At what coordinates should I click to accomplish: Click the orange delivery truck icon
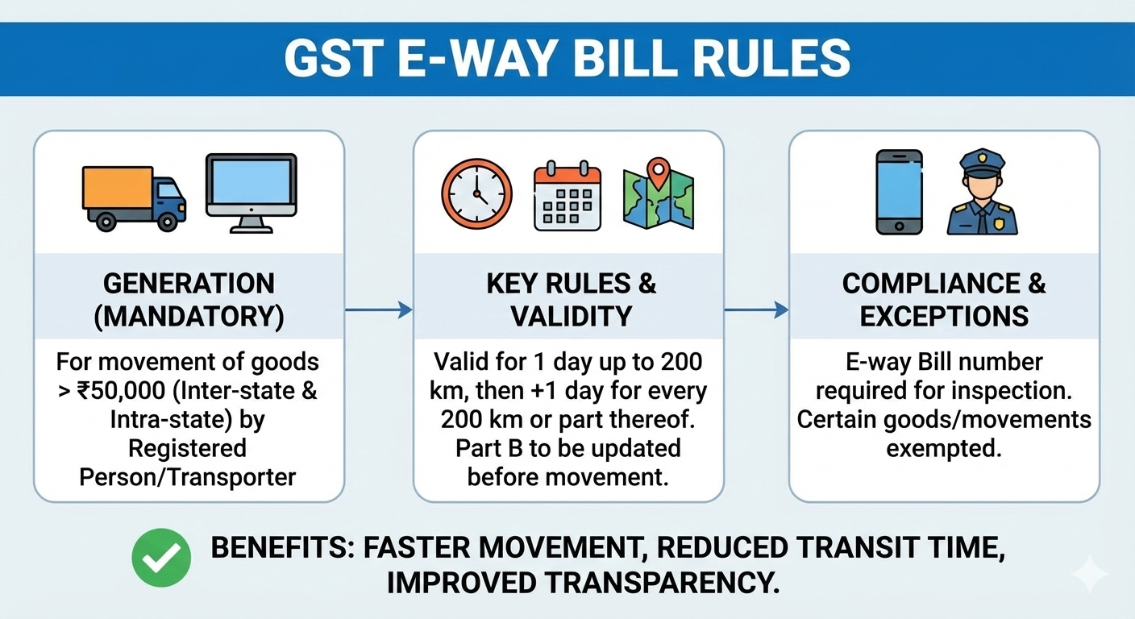[134, 197]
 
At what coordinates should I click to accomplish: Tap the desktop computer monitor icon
[251, 193]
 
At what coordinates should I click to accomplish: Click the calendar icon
[567, 196]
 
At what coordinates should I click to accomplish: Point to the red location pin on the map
[659, 173]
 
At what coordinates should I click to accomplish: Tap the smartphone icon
[899, 192]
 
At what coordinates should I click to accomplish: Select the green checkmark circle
[161, 557]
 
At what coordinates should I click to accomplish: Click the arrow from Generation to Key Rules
[378, 309]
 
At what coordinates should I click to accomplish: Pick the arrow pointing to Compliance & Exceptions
[755, 309]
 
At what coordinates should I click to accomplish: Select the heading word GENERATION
[189, 284]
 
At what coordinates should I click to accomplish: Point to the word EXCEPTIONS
[944, 316]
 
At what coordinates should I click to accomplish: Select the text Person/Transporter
[188, 476]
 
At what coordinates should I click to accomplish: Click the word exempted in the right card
[944, 448]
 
